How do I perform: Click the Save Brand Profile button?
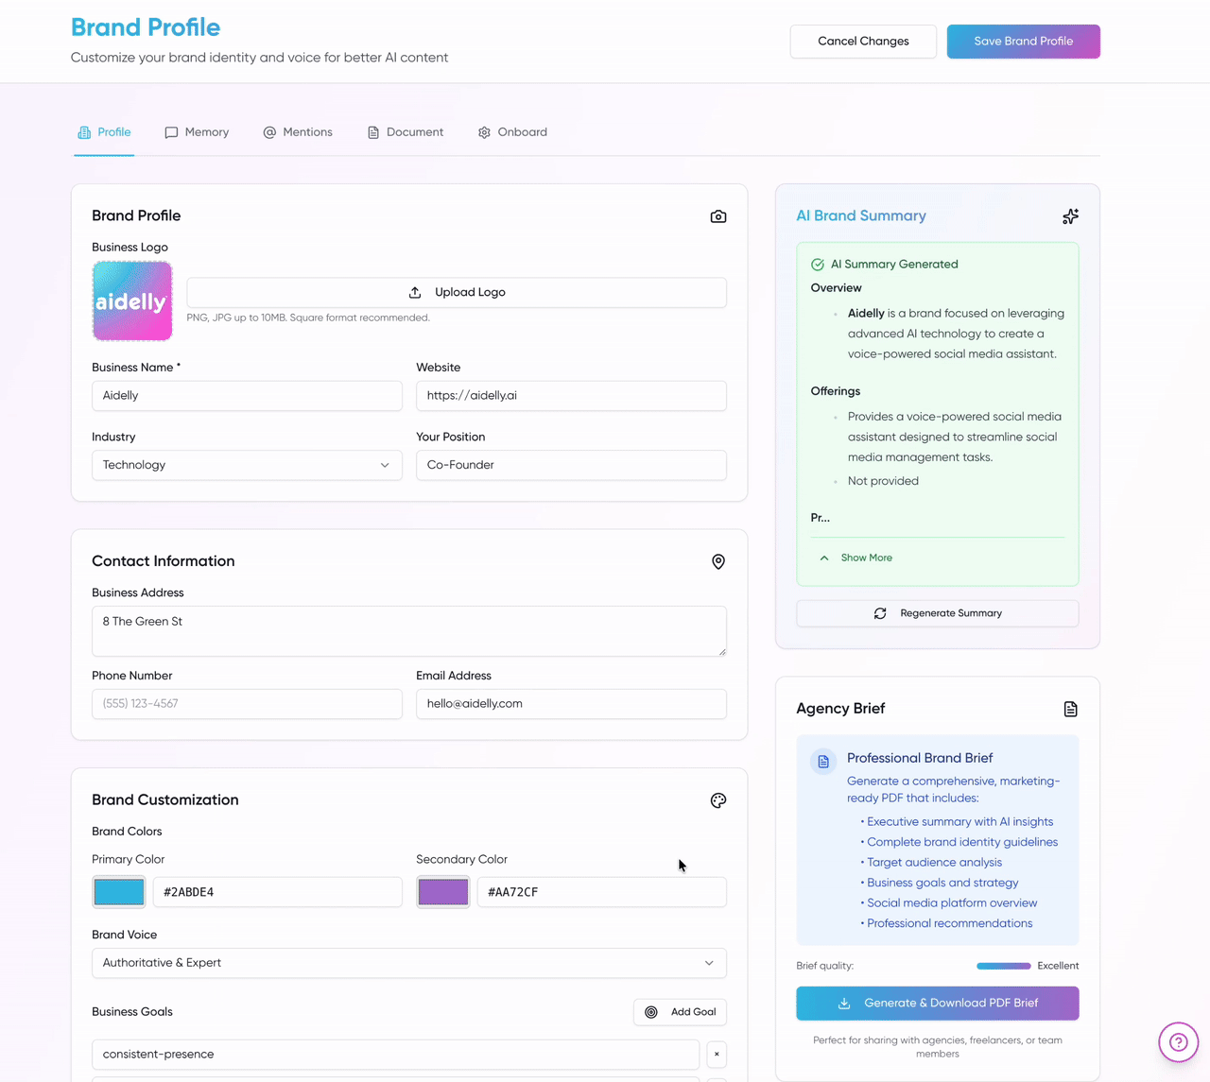point(1023,42)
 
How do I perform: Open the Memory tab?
point(197,132)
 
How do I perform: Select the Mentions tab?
point(298,132)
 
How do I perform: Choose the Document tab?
point(406,132)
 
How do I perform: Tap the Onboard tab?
point(512,132)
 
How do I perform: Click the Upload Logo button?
point(457,293)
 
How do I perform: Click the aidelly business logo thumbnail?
point(132,301)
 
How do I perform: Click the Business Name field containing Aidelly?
point(247,396)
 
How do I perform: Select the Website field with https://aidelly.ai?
point(571,396)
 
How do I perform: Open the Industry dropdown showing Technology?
point(247,465)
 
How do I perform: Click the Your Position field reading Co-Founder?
point(571,465)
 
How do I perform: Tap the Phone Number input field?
point(247,704)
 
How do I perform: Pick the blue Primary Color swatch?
point(119,892)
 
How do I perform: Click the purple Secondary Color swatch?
point(443,892)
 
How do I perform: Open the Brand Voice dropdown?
point(408,963)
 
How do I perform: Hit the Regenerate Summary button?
point(937,613)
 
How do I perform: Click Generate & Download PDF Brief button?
point(937,1004)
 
